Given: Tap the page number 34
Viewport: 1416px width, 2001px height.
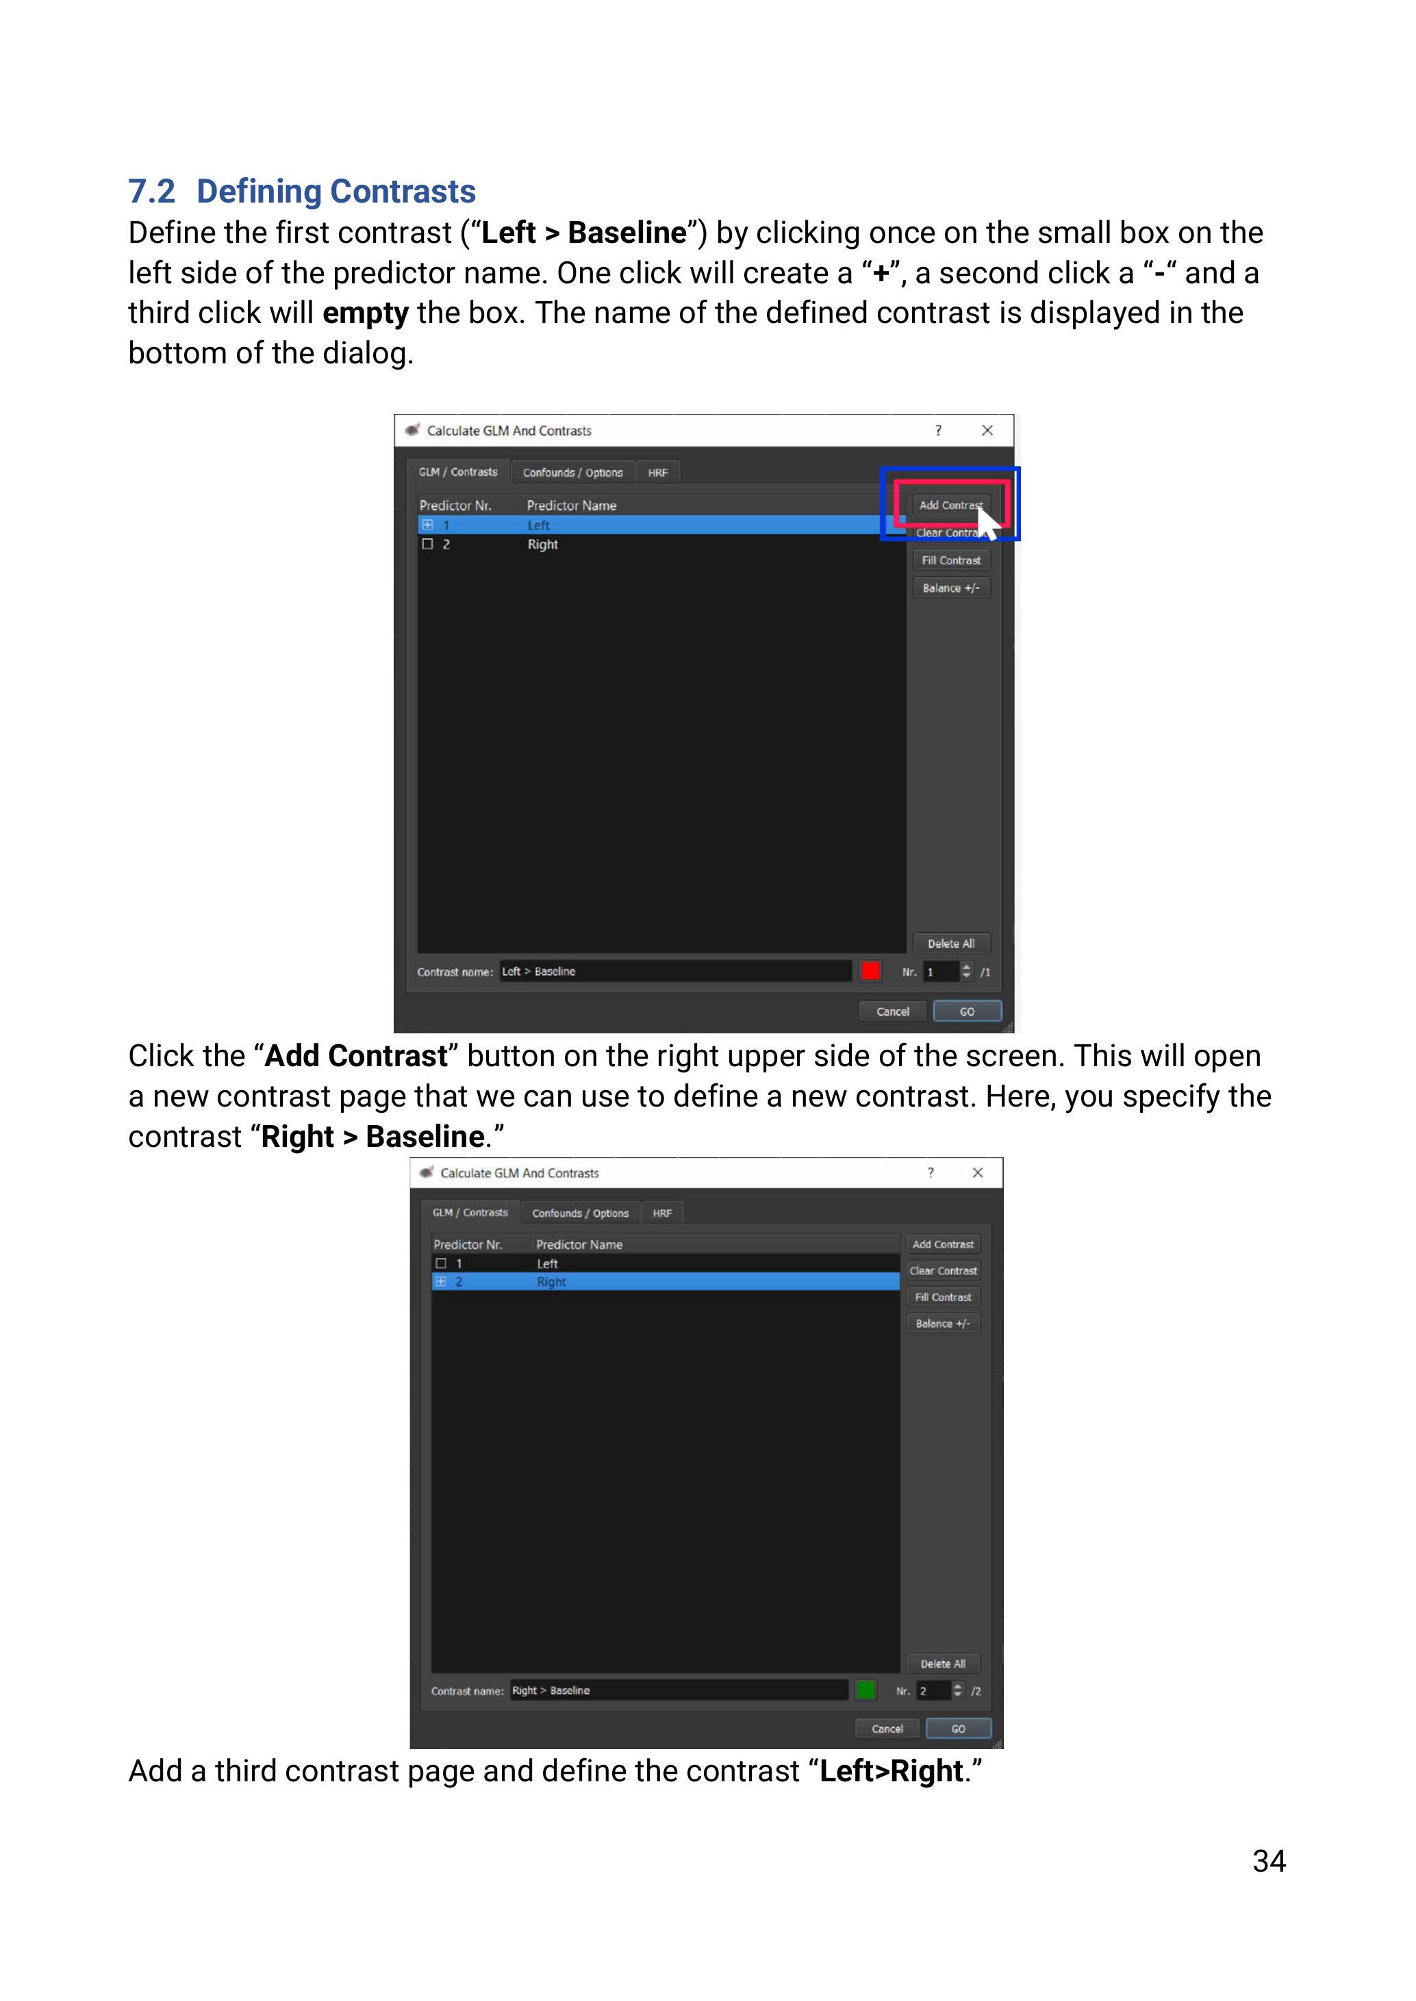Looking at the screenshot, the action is click(1269, 1861).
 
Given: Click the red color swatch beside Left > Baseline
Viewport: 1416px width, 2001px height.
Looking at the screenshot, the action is click(870, 971).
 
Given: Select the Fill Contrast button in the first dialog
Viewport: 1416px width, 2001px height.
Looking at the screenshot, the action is click(951, 560).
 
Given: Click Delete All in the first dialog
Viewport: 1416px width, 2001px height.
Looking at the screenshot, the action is click(951, 943).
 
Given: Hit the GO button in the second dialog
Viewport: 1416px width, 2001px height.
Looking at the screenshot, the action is click(958, 1728).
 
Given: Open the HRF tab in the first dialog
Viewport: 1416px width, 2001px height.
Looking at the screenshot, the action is click(658, 472).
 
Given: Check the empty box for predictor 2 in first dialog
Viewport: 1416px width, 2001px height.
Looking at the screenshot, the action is click(427, 544).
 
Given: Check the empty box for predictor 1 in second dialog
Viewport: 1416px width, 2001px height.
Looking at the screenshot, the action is click(441, 1263).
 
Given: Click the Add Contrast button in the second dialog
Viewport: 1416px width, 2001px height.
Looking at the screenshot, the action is click(943, 1243).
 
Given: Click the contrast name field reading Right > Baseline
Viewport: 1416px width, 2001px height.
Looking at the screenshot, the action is click(679, 1690).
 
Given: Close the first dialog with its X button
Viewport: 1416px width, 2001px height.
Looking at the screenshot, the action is click(987, 430).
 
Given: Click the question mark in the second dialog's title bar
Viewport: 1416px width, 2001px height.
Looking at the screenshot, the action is click(931, 1172).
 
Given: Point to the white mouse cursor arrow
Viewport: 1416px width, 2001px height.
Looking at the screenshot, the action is click(987, 523).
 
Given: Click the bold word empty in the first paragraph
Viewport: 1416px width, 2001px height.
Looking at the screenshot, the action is click(366, 313).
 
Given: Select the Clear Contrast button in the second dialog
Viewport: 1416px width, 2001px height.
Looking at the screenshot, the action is click(943, 1270).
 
